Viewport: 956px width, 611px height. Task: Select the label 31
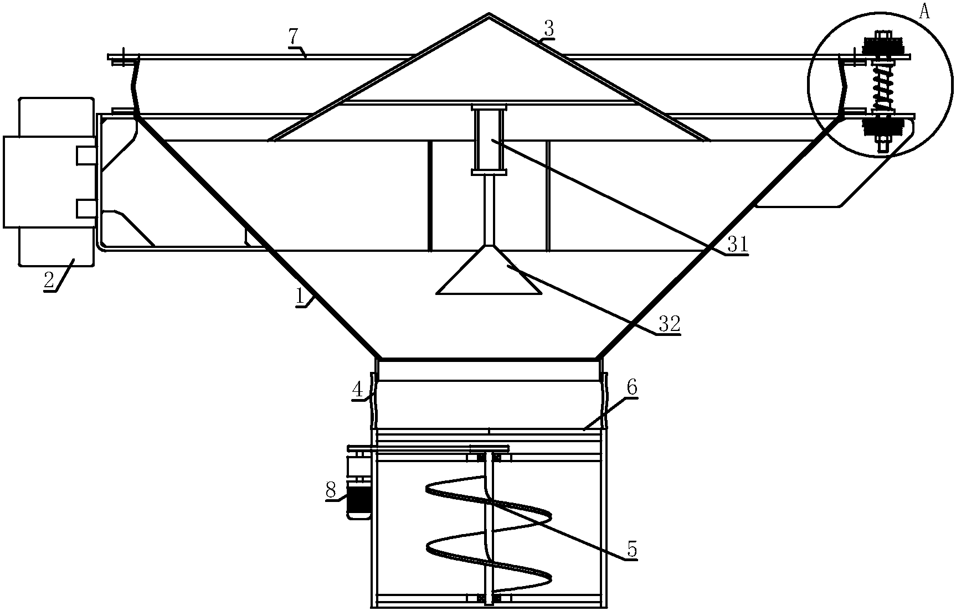737,244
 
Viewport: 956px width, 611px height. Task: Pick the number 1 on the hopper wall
301,297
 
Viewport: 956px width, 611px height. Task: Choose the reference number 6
631,389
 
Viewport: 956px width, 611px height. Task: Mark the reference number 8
331,490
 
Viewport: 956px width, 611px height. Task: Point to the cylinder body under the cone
489,140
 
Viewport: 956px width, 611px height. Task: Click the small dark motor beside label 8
358,500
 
